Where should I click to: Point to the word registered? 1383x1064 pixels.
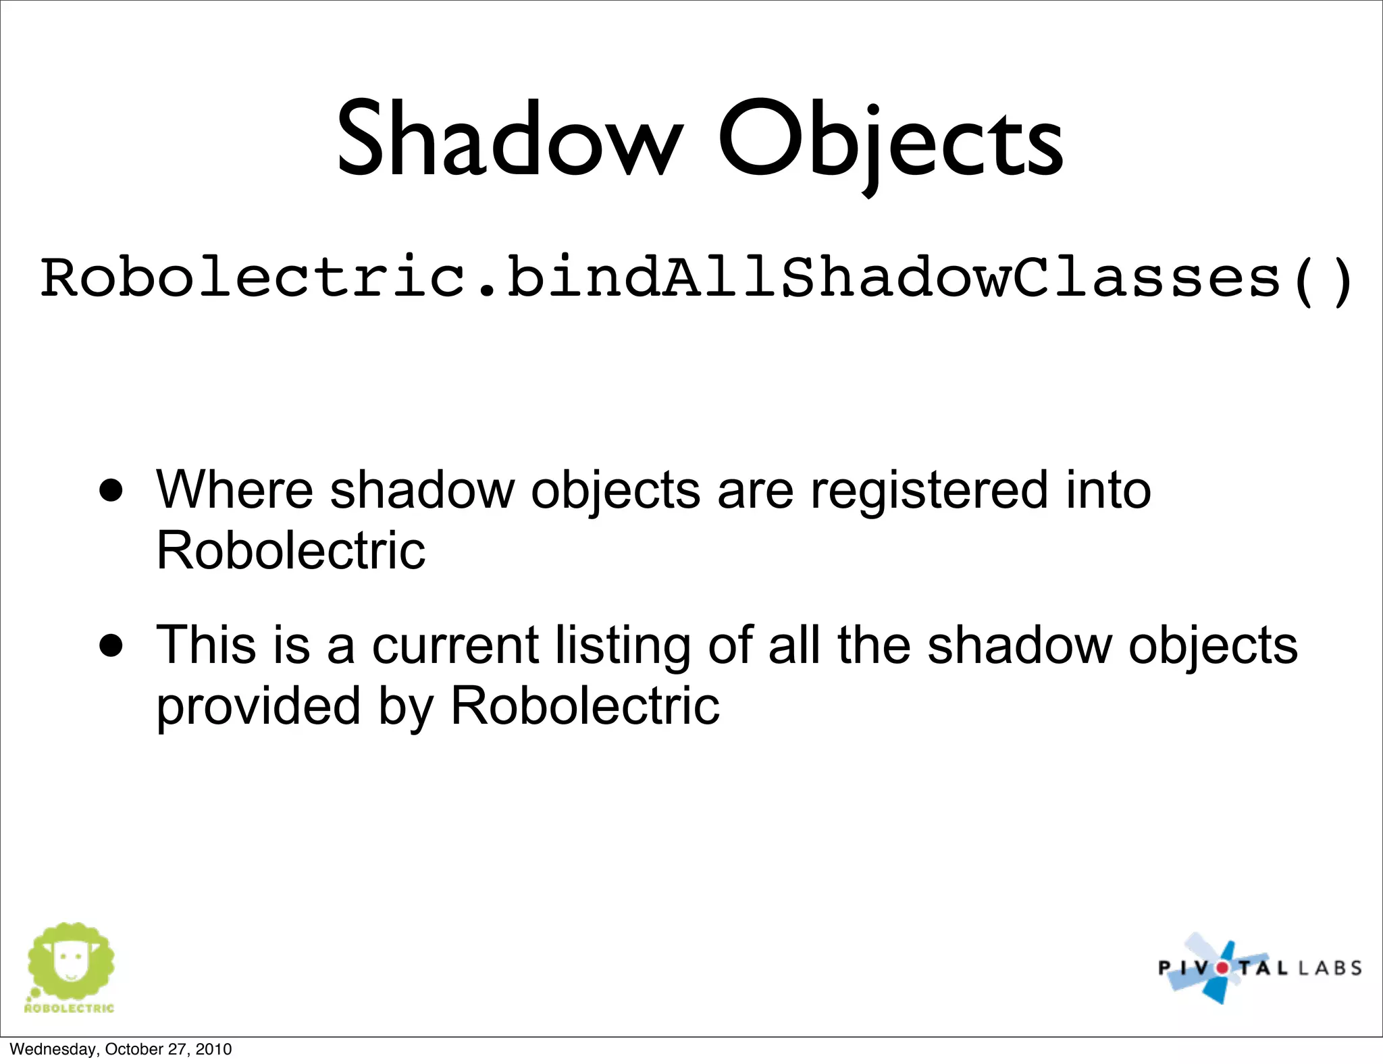point(929,491)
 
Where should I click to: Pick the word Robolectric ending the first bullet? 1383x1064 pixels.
point(291,550)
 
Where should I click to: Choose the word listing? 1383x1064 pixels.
point(623,647)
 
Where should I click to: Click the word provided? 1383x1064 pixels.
point(259,706)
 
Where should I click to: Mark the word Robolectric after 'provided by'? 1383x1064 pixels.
point(585,706)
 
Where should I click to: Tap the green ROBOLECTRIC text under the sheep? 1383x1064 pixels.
point(70,1008)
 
